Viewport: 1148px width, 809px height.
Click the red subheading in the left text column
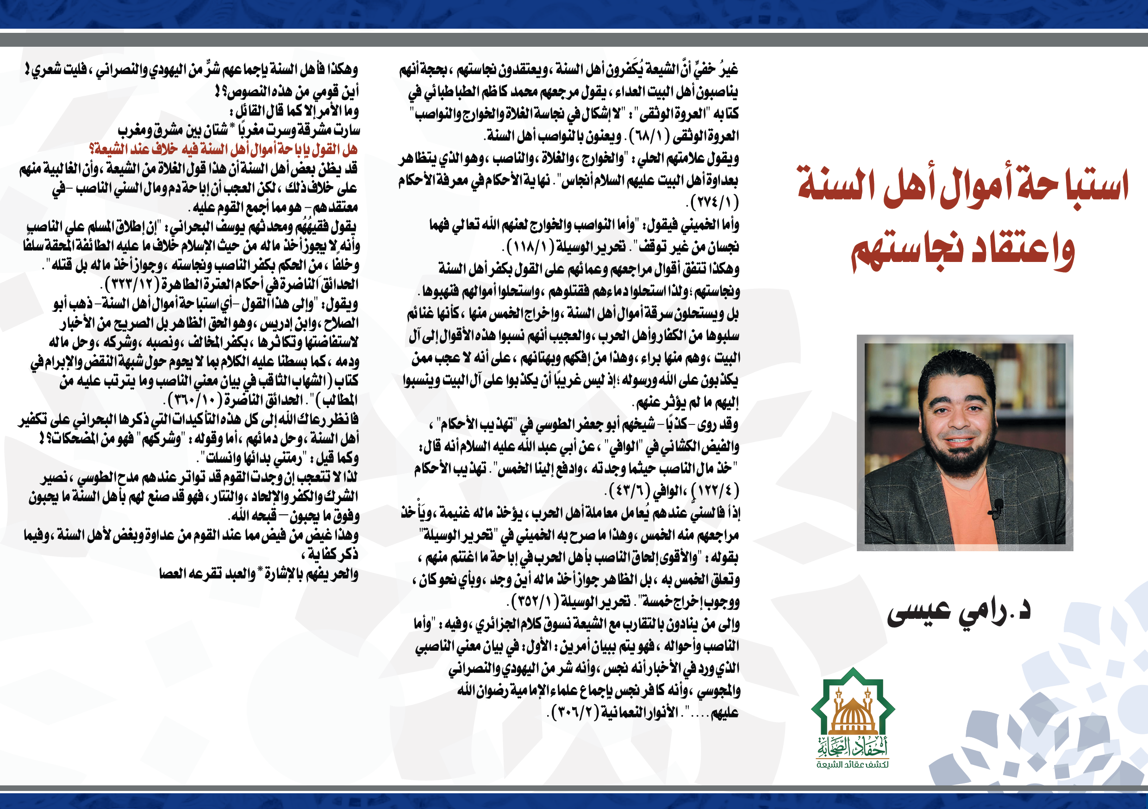click(223, 149)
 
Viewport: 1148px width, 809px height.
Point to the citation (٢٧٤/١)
click(713, 203)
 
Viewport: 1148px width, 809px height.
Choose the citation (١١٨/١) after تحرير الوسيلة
click(531, 247)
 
